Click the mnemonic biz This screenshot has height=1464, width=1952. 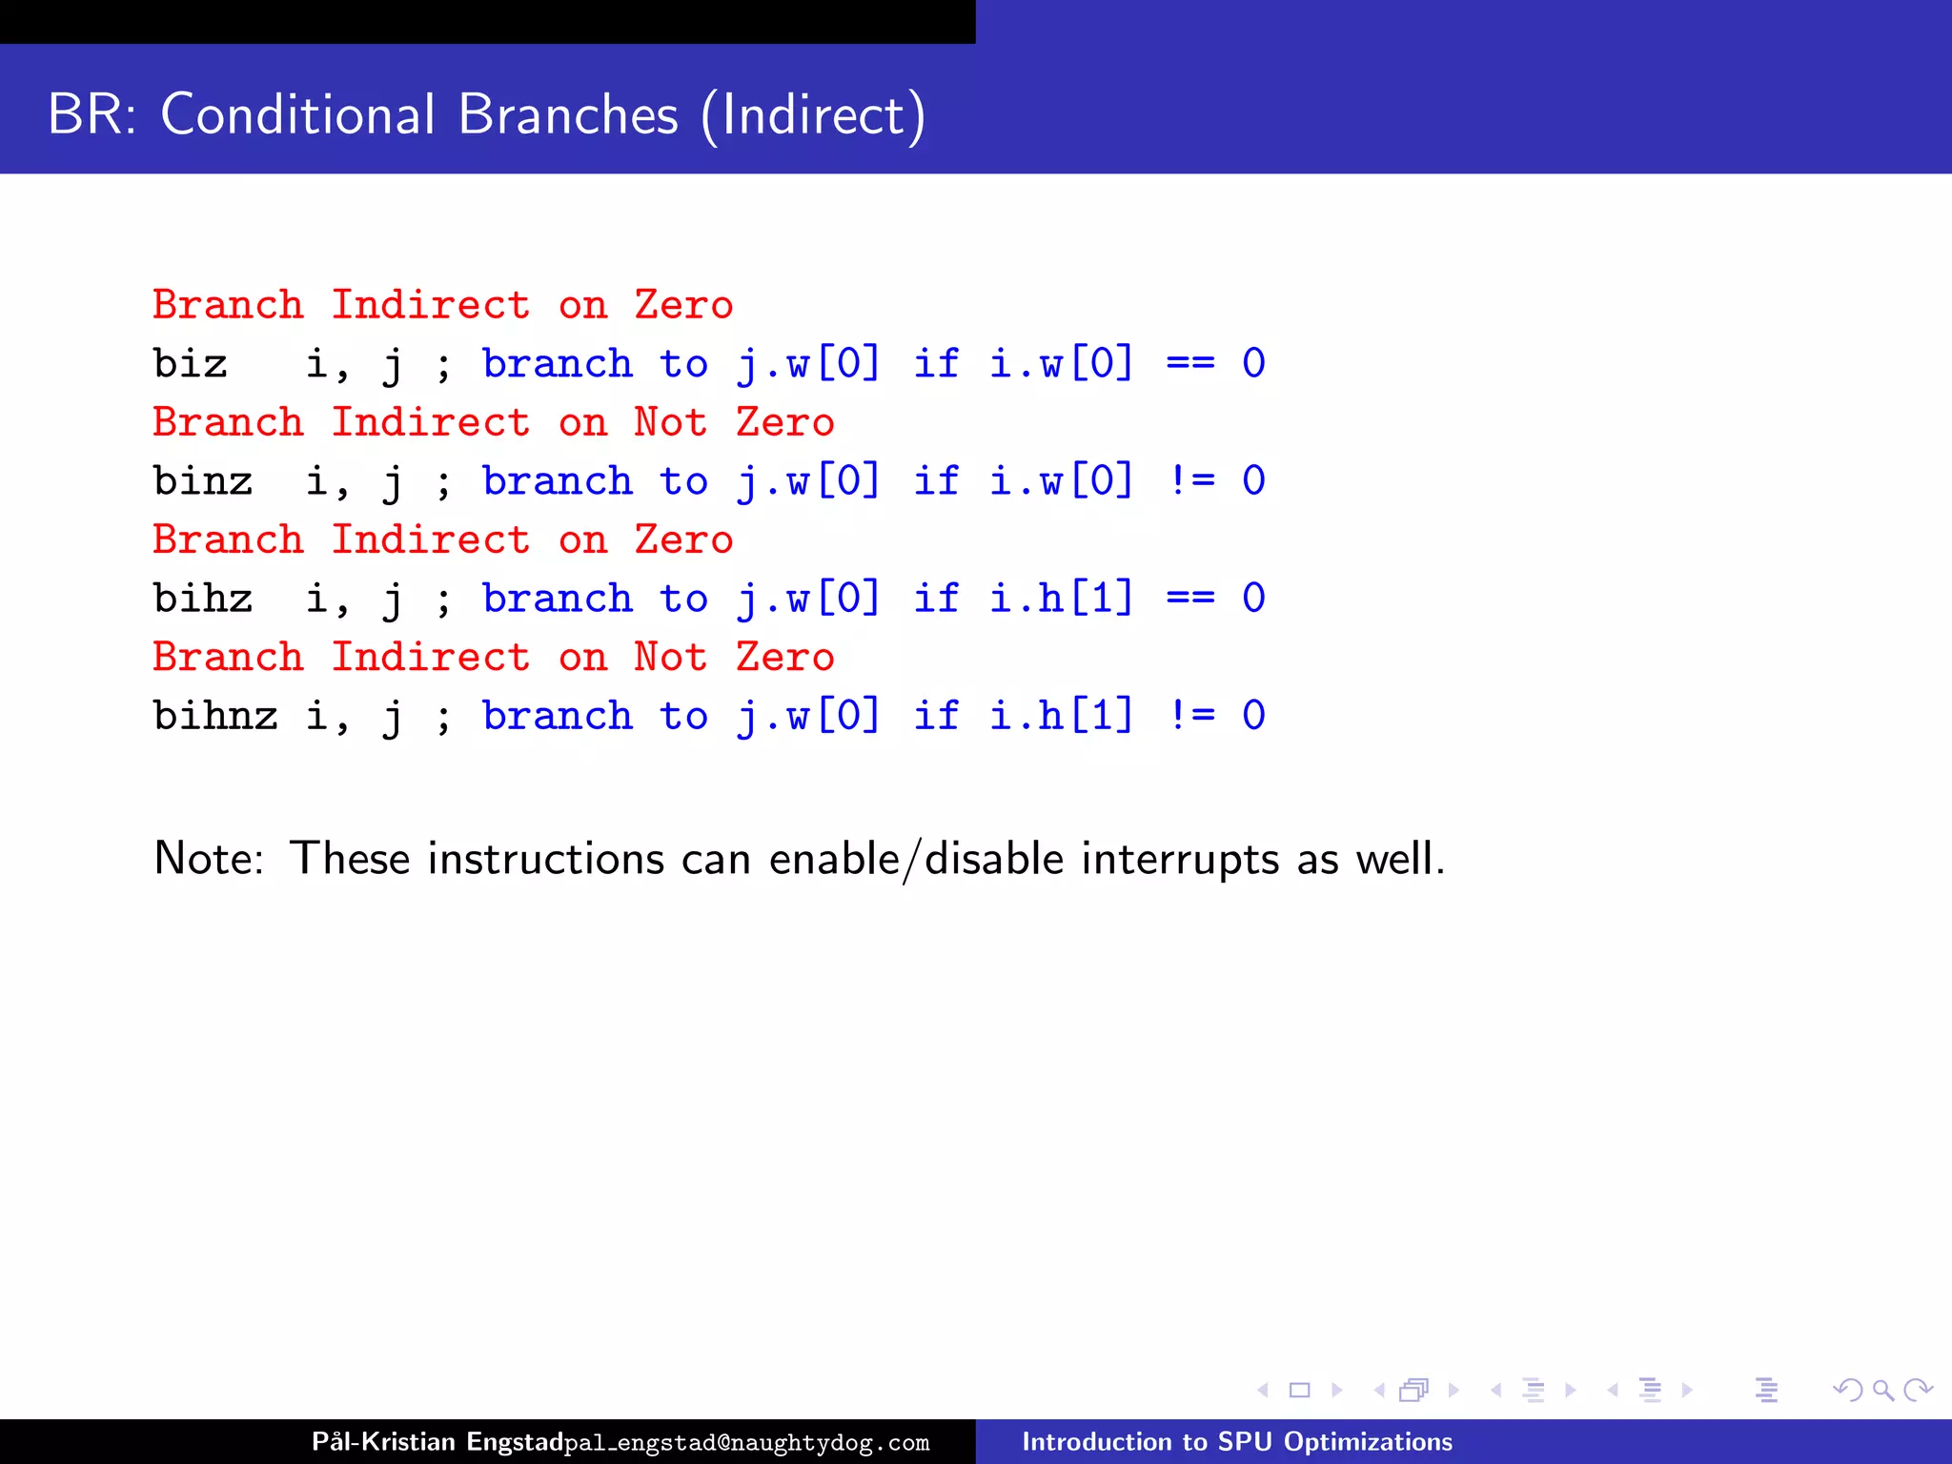pos(190,364)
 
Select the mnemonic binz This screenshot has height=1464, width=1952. pos(202,481)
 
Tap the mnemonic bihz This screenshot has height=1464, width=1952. pos(202,599)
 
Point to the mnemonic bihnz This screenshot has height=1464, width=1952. pos(215,716)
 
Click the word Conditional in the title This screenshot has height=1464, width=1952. pos(297,114)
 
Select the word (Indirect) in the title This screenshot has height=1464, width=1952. pos(813,115)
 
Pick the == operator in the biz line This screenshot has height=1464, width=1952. pos(1190,364)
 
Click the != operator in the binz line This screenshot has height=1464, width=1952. pos(1190,481)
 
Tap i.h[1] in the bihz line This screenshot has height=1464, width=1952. pos(1061,599)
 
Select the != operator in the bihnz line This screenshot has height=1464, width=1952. pos(1190,716)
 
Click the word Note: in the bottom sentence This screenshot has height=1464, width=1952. pos(209,859)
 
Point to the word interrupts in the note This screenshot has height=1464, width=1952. pos(1180,859)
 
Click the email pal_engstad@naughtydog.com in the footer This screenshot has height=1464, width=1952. pos(746,1443)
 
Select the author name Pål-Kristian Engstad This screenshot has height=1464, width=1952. pos(437,1441)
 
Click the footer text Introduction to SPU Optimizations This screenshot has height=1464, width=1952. pos(1236,1441)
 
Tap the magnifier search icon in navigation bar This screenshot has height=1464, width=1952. pos(1882,1391)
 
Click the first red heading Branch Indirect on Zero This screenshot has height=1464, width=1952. pos(442,306)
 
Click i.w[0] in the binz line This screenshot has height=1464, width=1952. pos(1061,481)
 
